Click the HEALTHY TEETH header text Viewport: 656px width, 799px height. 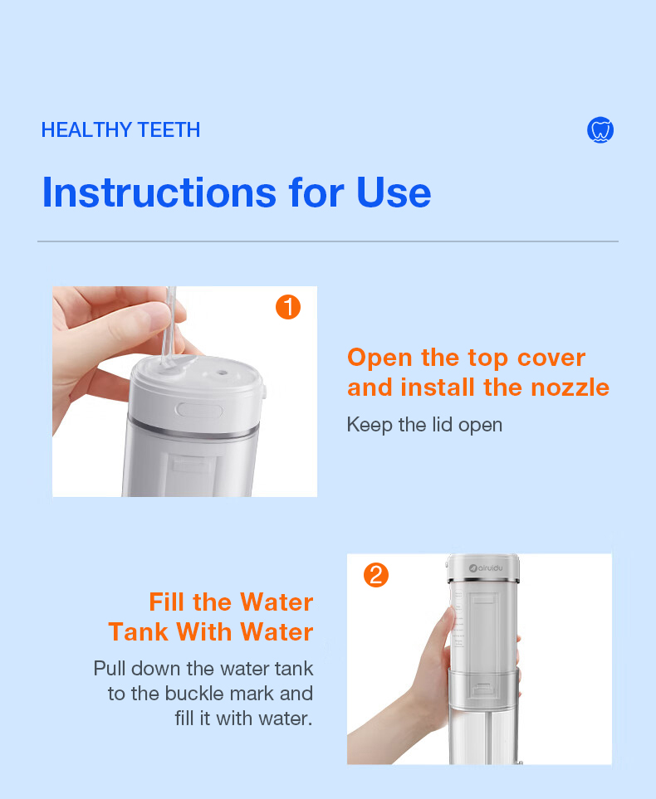coord(120,130)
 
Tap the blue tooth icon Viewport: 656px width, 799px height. coord(600,130)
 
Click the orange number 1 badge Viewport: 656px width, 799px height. coord(287,308)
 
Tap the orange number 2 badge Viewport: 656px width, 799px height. coord(376,575)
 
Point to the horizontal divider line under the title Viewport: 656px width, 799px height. coord(328,241)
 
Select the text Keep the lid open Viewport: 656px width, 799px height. coord(424,425)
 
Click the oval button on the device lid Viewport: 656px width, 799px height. coord(200,409)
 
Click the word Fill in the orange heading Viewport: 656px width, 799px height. coord(167,602)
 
